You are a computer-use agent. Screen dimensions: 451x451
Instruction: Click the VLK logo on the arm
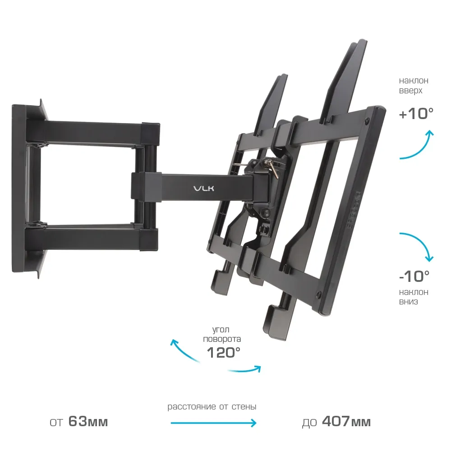pyautogui.click(x=204, y=189)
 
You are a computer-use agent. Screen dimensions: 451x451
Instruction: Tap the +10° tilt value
pyautogui.click(x=416, y=114)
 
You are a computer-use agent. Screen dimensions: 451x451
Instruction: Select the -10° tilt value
pyautogui.click(x=414, y=276)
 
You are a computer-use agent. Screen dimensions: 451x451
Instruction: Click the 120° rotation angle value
pyautogui.click(x=224, y=352)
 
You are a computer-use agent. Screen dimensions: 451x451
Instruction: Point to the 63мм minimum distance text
pyautogui.click(x=88, y=422)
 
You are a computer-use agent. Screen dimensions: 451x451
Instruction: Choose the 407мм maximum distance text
pyautogui.click(x=346, y=422)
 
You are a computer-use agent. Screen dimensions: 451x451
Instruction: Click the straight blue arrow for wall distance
pyautogui.click(x=213, y=423)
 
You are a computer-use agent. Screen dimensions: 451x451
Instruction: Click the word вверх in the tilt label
pyautogui.click(x=410, y=91)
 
